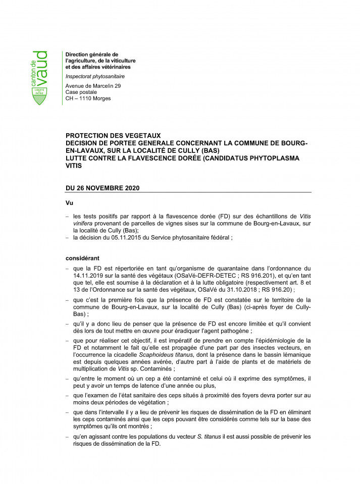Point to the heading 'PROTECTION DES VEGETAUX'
pos(113,136)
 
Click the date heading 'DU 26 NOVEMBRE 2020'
pos(102,188)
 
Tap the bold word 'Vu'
pos(70,202)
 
